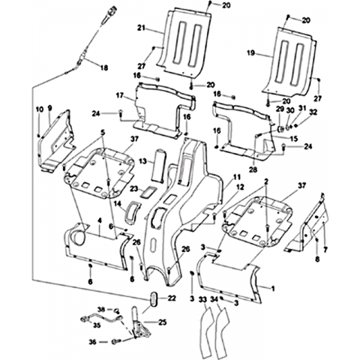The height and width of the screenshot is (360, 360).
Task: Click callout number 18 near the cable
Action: [104, 67]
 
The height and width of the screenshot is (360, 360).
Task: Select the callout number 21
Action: [141, 28]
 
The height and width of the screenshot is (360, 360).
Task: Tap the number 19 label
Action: [250, 52]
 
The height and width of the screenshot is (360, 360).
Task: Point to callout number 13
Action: [142, 161]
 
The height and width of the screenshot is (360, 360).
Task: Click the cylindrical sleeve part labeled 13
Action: [158, 164]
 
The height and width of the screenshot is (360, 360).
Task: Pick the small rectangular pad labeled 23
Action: [148, 192]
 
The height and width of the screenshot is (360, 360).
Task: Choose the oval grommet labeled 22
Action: [152, 298]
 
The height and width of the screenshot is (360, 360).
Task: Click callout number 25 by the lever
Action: [162, 322]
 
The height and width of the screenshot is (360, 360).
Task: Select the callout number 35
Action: [97, 325]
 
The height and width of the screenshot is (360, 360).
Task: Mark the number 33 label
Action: [203, 298]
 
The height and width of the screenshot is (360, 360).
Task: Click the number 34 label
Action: [214, 298]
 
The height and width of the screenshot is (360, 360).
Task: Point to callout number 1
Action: [273, 289]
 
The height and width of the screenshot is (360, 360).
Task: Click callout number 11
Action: [237, 177]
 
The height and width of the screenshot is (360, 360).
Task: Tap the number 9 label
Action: [50, 108]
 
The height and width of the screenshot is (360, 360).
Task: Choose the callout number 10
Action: [40, 109]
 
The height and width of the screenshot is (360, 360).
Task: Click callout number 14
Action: [117, 203]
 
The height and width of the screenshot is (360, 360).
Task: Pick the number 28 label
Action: [253, 169]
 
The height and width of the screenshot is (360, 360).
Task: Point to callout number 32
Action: [313, 112]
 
